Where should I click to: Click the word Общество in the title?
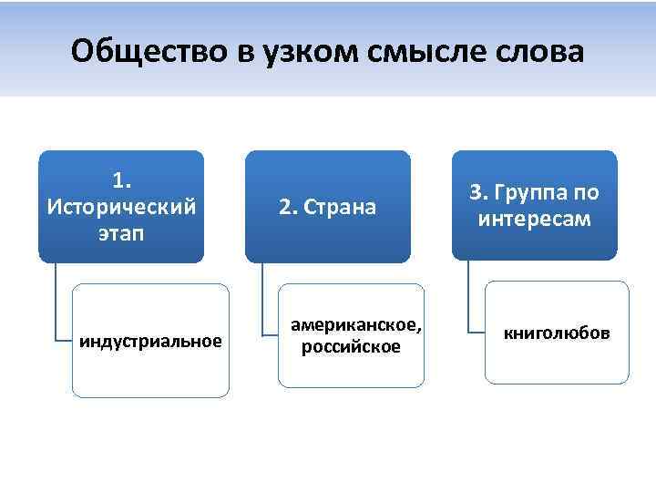[146, 51]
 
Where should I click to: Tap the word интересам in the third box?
[534, 220]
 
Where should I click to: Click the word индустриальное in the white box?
[151, 342]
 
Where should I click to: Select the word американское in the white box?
[355, 325]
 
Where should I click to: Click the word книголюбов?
[558, 333]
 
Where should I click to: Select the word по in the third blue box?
[586, 193]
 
